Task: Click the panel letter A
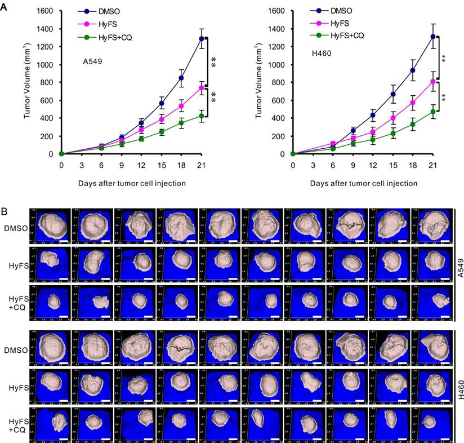point(5,5)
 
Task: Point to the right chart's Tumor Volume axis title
point(260,82)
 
